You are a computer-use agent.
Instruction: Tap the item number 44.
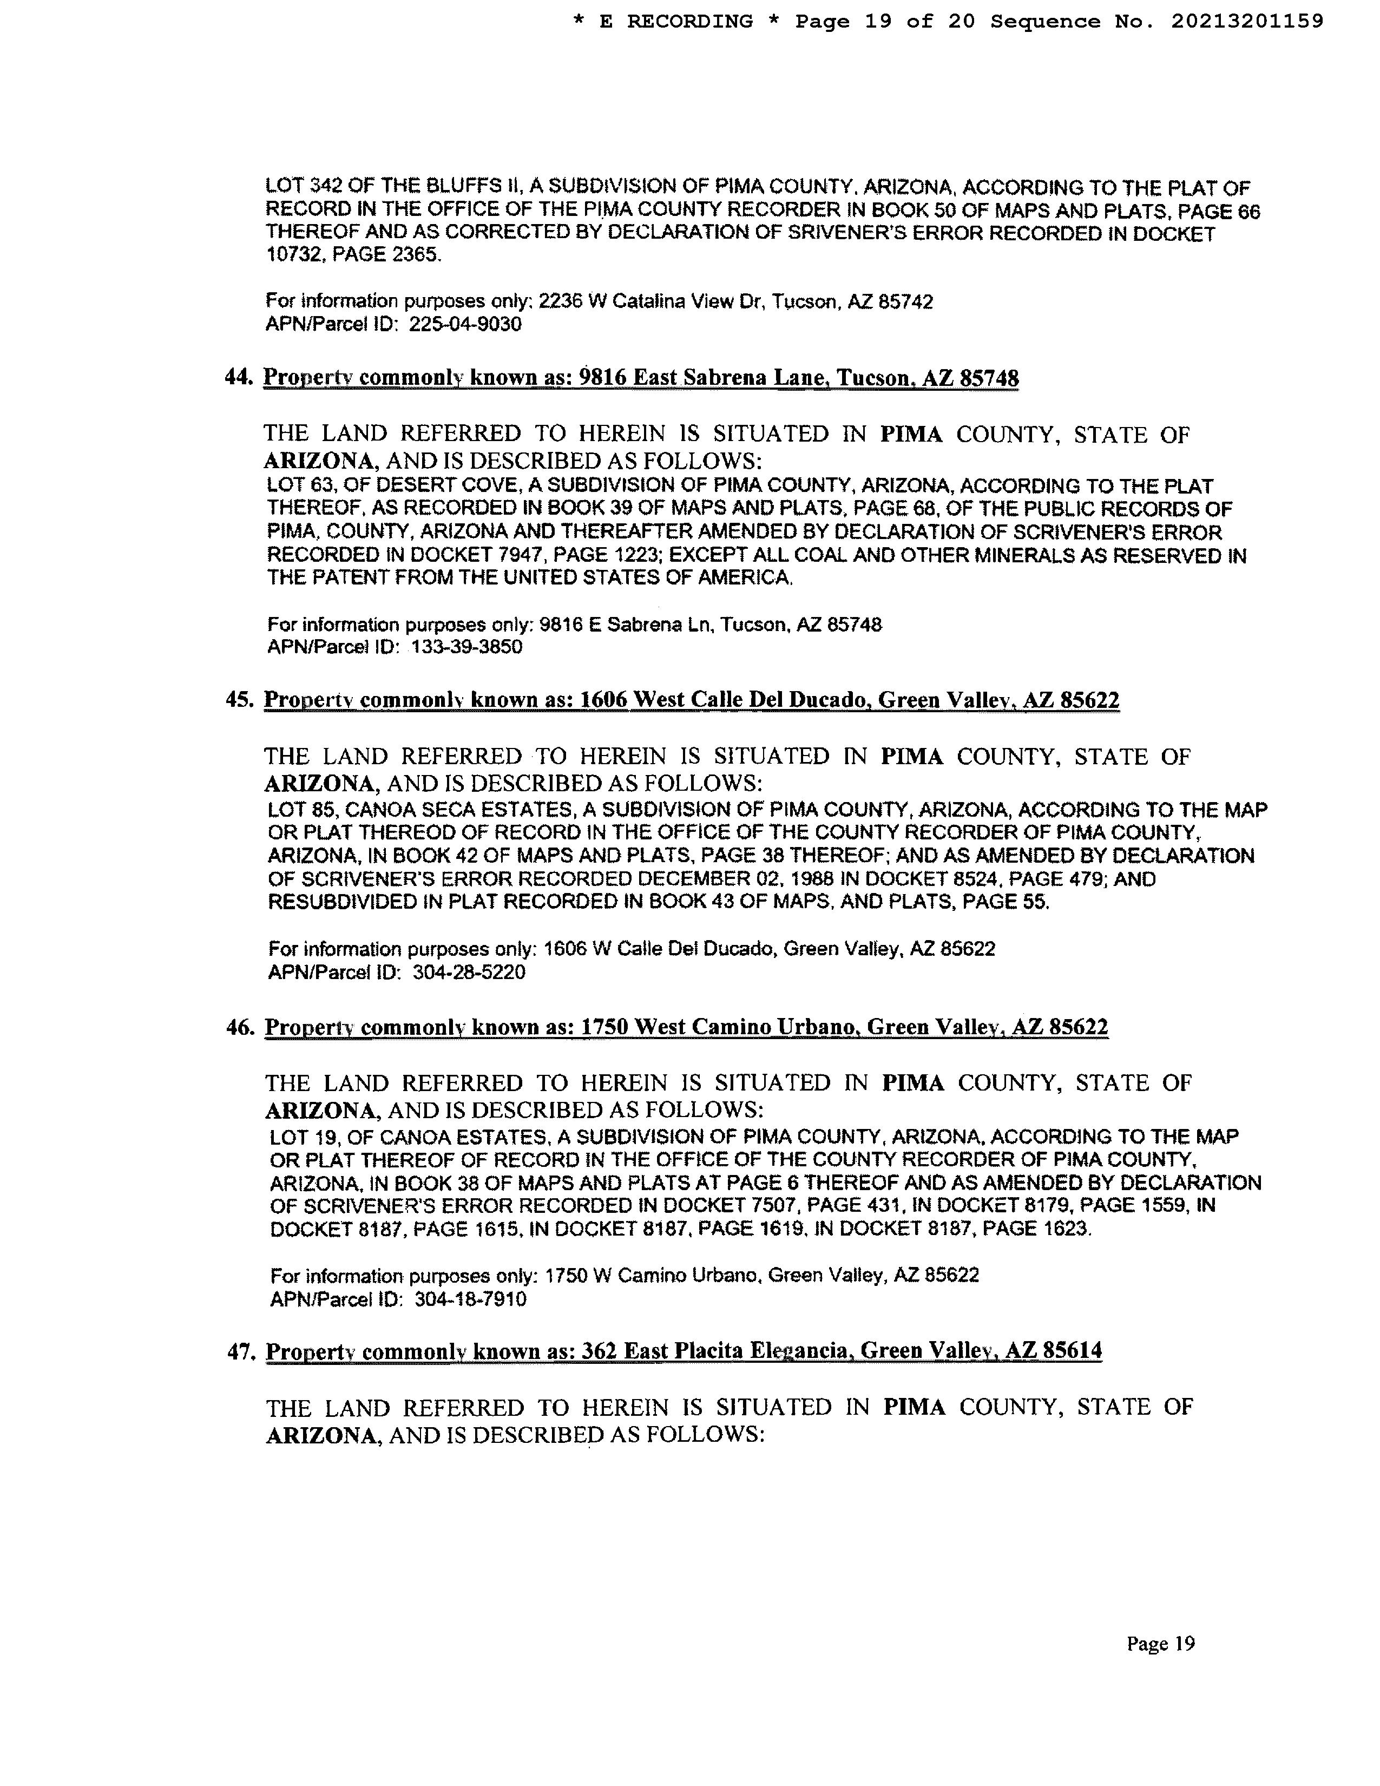238,378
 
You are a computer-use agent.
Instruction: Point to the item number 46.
240,1027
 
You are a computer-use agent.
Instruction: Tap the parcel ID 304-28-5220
469,973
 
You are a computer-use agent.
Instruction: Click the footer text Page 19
1160,1644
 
